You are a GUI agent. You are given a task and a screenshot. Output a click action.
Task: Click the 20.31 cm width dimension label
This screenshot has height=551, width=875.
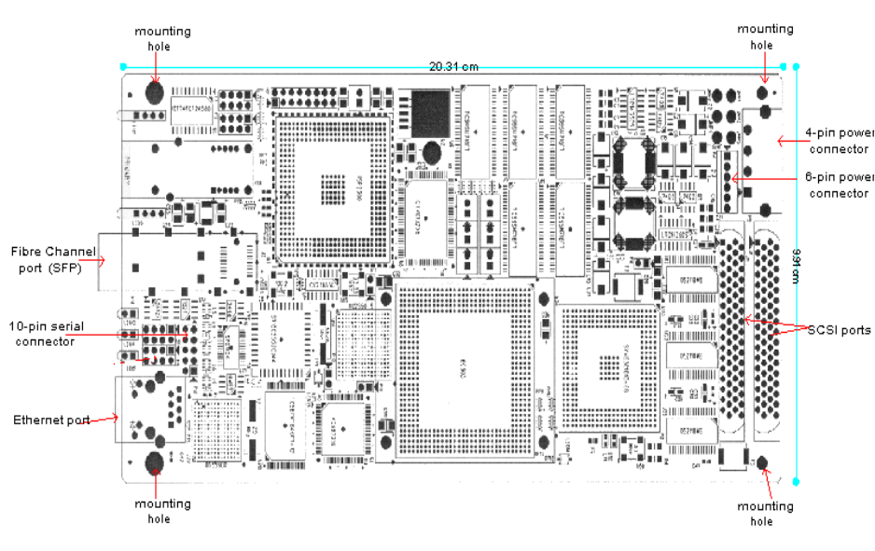(x=453, y=66)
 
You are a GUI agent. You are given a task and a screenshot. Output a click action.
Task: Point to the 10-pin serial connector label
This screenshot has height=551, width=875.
(x=47, y=334)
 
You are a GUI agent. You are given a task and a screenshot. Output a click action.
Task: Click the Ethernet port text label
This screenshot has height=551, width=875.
(x=51, y=420)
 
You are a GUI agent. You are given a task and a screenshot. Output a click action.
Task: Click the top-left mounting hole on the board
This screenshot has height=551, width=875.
(x=155, y=92)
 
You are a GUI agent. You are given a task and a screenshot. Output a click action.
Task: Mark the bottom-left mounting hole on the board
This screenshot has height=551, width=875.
(x=156, y=463)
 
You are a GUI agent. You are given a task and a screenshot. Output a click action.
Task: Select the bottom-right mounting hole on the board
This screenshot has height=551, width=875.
(x=762, y=463)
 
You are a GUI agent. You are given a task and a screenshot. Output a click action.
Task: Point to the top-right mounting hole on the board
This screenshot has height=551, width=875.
(x=764, y=92)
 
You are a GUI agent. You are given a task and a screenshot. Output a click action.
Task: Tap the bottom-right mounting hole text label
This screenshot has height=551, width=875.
(x=764, y=514)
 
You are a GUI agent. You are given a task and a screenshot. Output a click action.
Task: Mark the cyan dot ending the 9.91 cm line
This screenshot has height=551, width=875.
(x=796, y=481)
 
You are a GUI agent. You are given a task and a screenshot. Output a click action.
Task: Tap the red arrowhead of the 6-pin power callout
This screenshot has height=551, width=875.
(x=733, y=178)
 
